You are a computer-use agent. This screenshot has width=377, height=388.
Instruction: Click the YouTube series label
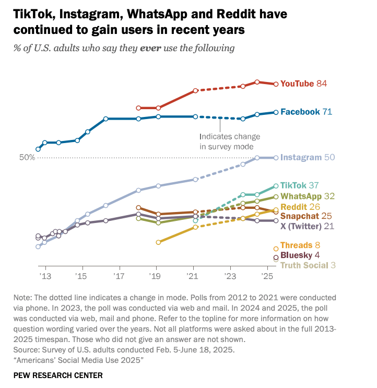coord(297,84)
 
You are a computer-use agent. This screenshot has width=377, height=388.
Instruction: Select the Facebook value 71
coord(327,112)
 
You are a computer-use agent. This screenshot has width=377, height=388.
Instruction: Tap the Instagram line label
coord(301,157)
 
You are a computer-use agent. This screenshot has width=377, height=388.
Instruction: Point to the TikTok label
coord(293,185)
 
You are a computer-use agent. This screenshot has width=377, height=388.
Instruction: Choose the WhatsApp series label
coord(301,196)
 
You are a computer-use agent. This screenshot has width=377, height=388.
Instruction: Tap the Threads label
coord(296,245)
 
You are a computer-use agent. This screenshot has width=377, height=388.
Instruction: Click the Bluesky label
coord(295,255)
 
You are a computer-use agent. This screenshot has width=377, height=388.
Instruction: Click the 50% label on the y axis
coord(27,158)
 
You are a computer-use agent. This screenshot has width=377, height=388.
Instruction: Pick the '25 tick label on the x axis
coord(267,276)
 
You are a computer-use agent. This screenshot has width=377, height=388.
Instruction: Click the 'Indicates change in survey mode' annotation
coord(229,142)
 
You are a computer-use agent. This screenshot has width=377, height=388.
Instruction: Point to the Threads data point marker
coord(276,249)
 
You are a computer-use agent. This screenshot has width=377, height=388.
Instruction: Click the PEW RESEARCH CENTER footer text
coord(58,375)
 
